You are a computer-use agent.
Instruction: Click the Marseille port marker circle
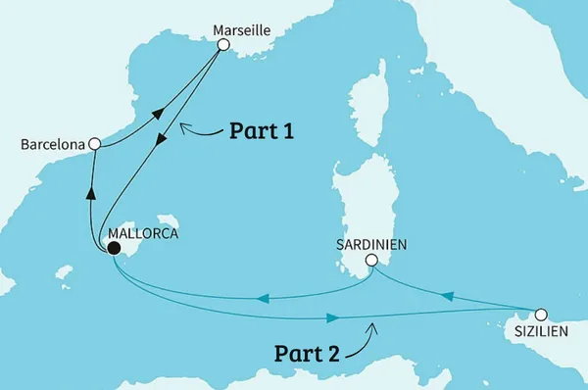(223, 45)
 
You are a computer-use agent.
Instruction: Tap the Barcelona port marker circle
(94, 144)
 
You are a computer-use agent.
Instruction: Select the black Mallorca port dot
(114, 249)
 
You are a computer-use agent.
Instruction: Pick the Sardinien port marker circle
(371, 261)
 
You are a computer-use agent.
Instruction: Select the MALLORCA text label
(147, 234)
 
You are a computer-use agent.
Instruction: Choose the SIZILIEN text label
(540, 334)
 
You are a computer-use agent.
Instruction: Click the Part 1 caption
(263, 131)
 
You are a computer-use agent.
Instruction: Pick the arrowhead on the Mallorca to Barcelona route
(90, 192)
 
